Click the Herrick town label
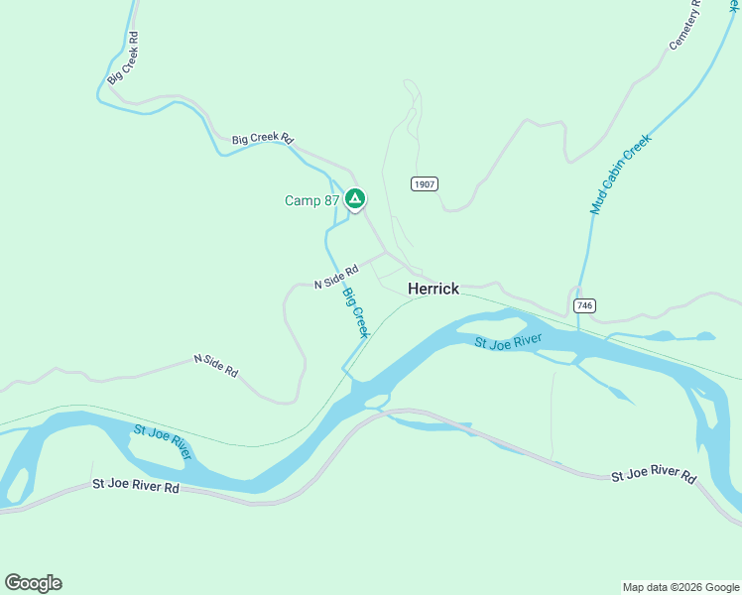point(433,289)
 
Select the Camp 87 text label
point(311,200)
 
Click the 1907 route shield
point(425,184)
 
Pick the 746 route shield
point(584,306)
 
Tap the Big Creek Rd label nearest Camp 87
point(263,140)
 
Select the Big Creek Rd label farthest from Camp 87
point(123,58)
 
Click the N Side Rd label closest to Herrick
point(335,277)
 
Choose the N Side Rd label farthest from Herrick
point(215,365)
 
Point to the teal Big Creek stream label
point(355,312)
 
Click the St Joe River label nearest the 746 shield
point(508,343)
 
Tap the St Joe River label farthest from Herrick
point(162,440)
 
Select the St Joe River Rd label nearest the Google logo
point(136,486)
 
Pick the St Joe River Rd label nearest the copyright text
point(654,476)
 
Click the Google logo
point(33,583)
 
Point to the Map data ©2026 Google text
point(680,587)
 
